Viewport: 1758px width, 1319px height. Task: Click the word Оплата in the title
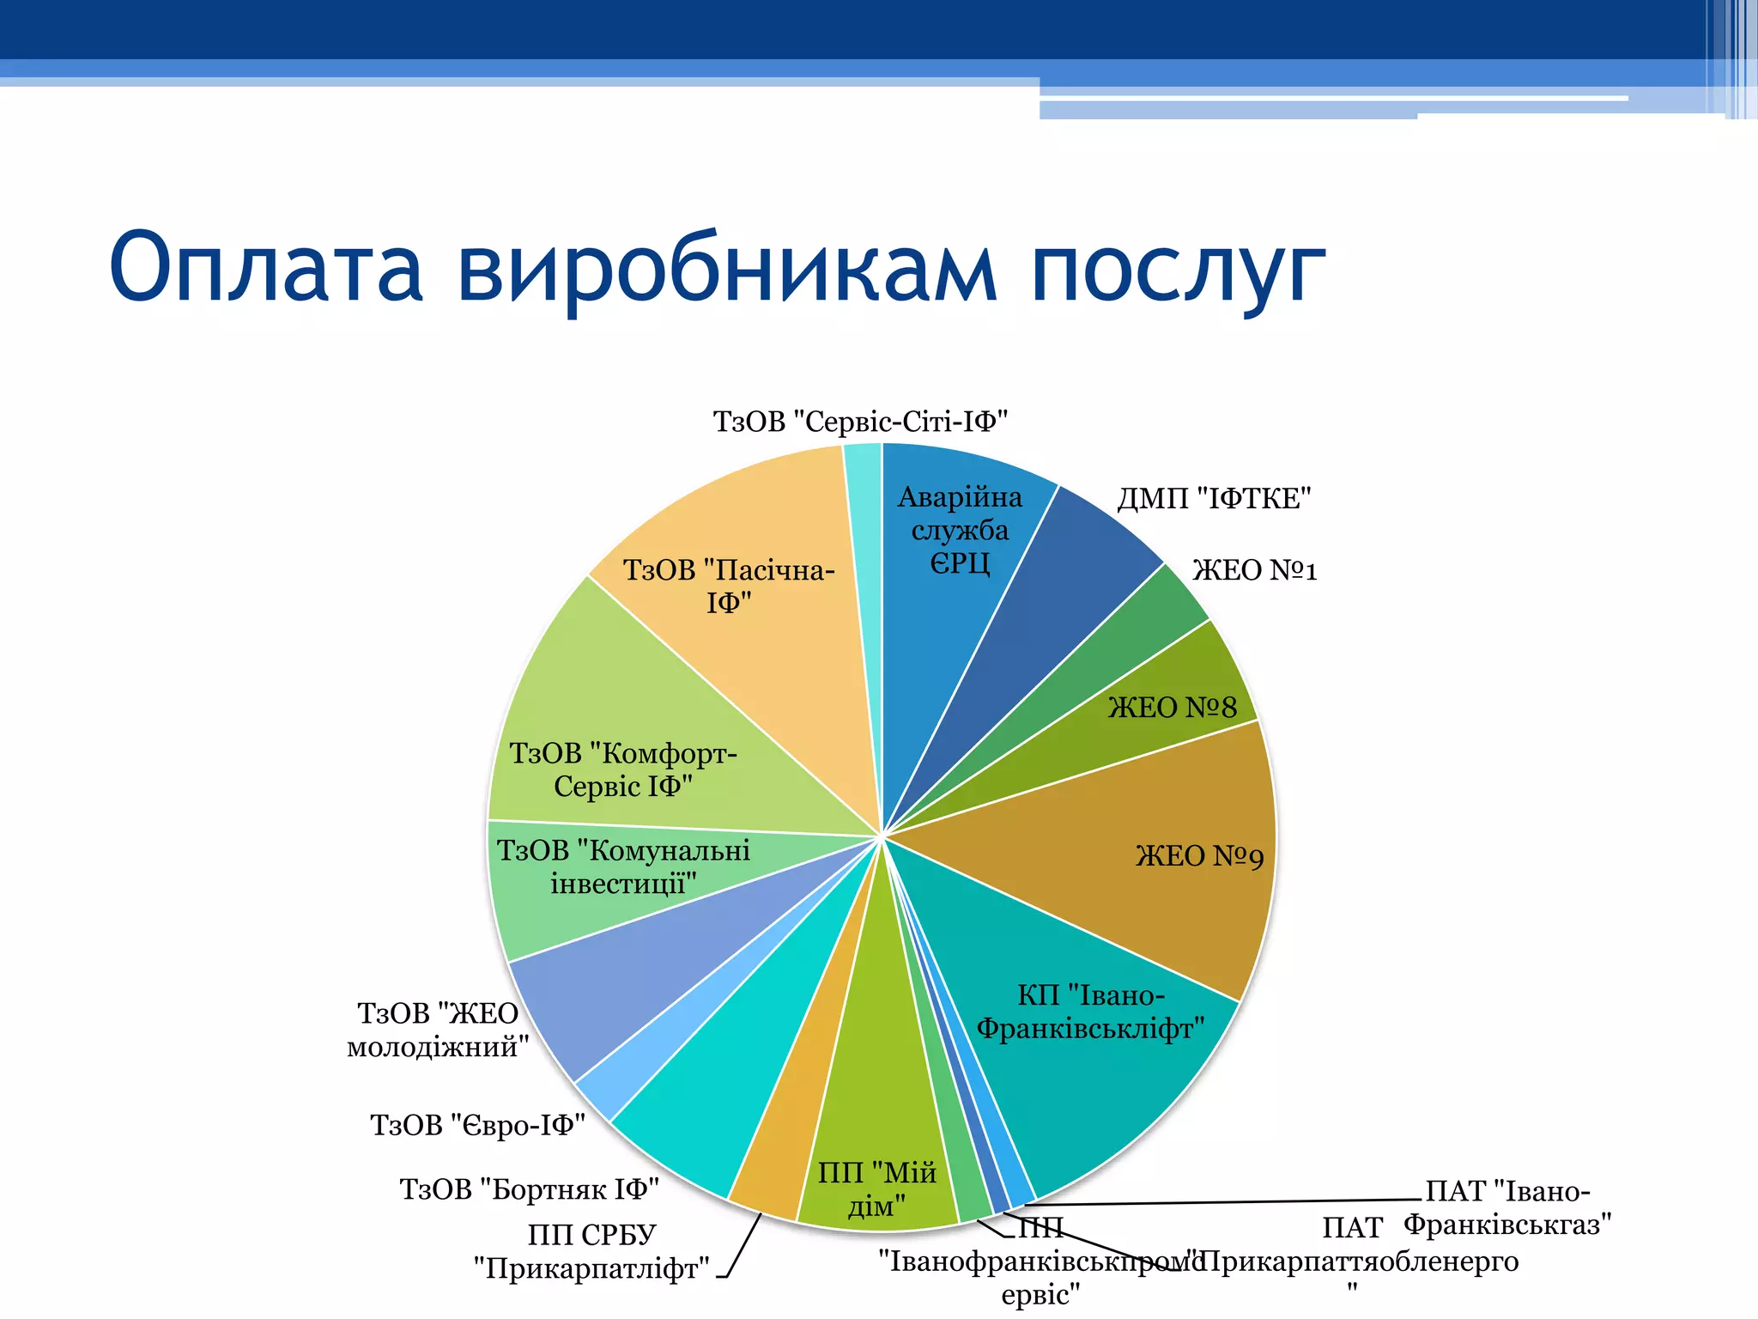[x=266, y=268]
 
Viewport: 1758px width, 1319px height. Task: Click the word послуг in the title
[x=1178, y=268]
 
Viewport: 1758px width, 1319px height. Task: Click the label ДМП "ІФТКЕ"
[x=1214, y=498]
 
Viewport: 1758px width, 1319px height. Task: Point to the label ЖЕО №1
[x=1254, y=570]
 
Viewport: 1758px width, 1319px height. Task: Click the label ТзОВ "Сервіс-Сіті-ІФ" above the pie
[x=860, y=422]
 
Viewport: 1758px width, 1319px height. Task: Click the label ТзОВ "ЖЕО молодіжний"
[x=437, y=1030]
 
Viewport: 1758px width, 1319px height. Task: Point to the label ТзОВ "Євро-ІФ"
[x=477, y=1125]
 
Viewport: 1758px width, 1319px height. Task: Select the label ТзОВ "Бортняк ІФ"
[x=529, y=1189]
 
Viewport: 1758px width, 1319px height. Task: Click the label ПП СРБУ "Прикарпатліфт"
[x=591, y=1251]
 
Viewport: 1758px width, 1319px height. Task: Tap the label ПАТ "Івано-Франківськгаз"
[x=1507, y=1207]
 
